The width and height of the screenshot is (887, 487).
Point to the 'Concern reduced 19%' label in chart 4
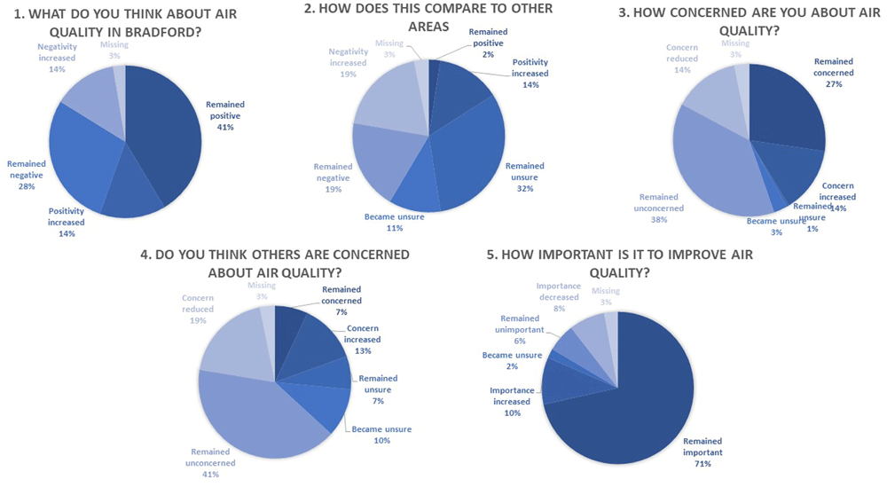click(198, 309)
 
